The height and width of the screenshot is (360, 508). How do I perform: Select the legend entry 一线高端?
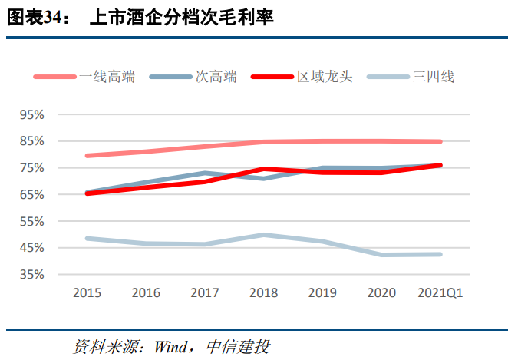(x=107, y=76)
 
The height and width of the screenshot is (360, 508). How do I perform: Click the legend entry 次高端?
(x=216, y=76)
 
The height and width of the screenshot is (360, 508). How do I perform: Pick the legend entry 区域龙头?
(x=325, y=76)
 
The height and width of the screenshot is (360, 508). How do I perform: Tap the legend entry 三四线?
(x=434, y=76)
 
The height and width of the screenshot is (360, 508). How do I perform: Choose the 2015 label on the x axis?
(x=87, y=293)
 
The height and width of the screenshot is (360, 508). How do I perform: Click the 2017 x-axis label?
(x=205, y=293)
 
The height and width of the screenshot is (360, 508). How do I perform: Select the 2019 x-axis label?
(x=322, y=293)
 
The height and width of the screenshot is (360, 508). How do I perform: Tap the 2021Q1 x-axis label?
(x=440, y=293)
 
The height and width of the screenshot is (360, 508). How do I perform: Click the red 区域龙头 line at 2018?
(x=263, y=169)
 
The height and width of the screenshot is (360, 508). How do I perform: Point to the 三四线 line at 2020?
(x=381, y=254)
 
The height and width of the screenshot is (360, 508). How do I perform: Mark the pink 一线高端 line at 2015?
(x=87, y=156)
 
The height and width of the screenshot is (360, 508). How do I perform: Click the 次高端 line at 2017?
(x=205, y=173)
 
